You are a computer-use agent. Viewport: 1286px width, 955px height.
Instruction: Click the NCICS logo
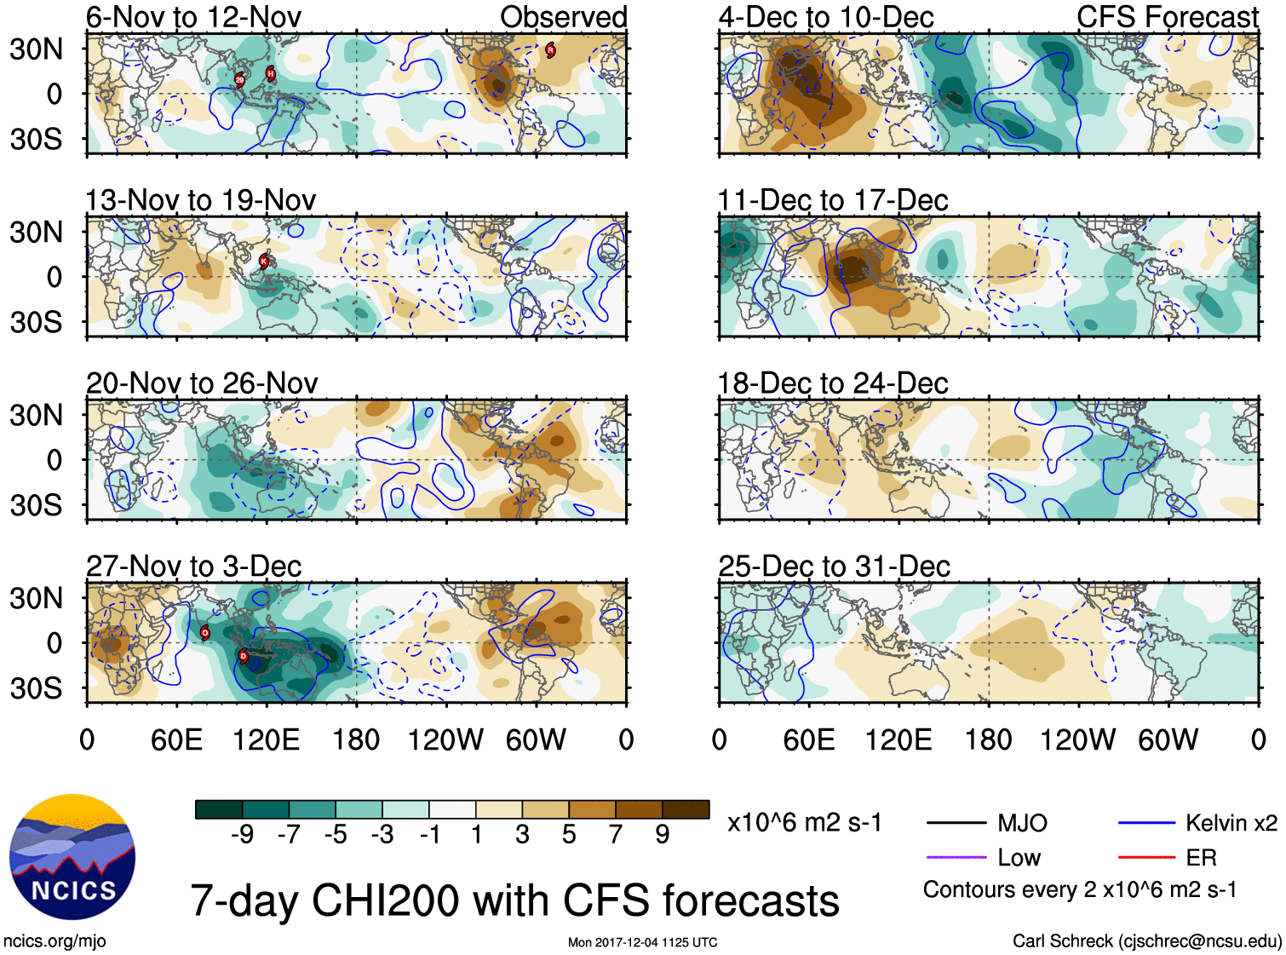click(x=72, y=857)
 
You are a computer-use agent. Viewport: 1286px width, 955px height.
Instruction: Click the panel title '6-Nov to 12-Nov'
click(x=193, y=17)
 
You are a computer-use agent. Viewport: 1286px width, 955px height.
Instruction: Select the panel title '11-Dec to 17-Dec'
click(x=832, y=200)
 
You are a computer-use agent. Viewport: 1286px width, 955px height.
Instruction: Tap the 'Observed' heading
click(x=563, y=17)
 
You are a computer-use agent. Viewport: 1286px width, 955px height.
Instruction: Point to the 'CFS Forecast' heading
click(x=1167, y=17)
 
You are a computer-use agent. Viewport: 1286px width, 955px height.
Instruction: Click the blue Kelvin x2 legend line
click(x=1146, y=823)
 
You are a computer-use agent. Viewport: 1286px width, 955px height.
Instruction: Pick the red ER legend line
click(x=1146, y=857)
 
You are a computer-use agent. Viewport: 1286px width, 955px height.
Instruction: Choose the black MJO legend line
click(x=956, y=823)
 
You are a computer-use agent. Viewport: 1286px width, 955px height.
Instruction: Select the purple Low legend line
click(x=956, y=857)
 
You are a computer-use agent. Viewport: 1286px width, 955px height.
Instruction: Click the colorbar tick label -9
click(x=242, y=834)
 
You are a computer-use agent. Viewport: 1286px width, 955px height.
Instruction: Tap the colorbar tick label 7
click(x=616, y=834)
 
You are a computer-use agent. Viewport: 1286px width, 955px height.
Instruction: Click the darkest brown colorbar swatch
click(x=686, y=809)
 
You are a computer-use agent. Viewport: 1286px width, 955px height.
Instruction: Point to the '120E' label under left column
click(x=267, y=739)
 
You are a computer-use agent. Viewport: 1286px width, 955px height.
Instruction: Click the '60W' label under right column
click(x=1168, y=739)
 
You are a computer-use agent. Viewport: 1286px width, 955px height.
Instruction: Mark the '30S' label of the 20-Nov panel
click(x=36, y=505)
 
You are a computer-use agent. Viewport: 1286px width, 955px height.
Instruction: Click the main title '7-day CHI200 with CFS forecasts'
click(x=514, y=900)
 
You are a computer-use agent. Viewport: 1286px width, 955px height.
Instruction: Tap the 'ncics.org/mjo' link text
click(x=55, y=941)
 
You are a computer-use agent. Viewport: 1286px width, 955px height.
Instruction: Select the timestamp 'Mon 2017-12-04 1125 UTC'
click(x=642, y=942)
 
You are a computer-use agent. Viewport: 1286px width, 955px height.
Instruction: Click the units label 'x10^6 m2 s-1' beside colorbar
click(x=804, y=823)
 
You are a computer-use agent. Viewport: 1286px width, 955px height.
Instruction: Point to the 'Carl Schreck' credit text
click(x=1146, y=941)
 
